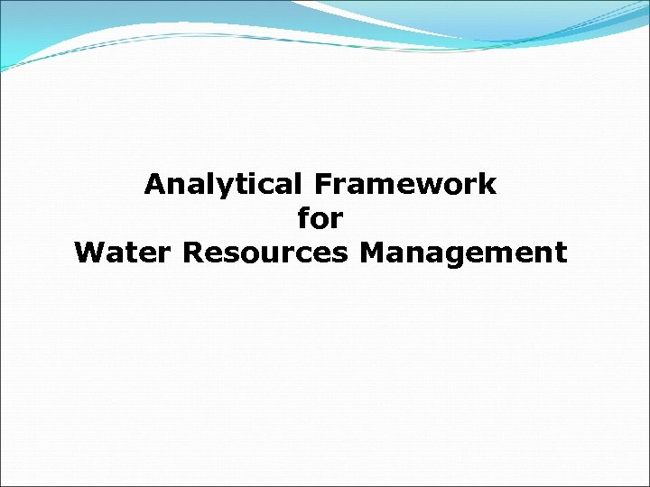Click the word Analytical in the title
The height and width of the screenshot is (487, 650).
(x=226, y=185)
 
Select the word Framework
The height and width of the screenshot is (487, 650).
(x=405, y=185)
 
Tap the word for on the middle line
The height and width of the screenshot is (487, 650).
(x=320, y=219)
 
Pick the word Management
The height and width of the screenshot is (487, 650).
(x=463, y=253)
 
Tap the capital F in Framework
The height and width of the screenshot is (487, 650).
(x=323, y=185)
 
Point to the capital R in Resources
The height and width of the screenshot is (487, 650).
(x=191, y=253)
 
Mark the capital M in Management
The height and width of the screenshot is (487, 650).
(x=372, y=253)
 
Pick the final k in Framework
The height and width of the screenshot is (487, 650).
(x=488, y=185)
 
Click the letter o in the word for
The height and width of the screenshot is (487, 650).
(x=320, y=221)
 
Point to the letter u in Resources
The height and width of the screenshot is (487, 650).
(x=267, y=255)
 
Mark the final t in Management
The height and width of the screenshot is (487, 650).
(x=561, y=253)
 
